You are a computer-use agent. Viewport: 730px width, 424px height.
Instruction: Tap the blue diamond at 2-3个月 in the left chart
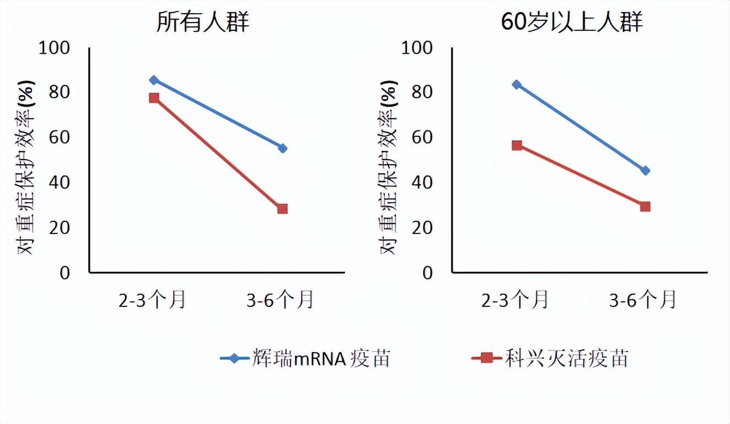point(154,80)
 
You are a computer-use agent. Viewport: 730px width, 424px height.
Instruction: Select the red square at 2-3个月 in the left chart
point(154,98)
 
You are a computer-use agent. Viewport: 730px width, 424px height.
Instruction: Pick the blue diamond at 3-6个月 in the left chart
point(283,148)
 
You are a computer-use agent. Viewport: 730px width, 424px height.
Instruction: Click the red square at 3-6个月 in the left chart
point(282,209)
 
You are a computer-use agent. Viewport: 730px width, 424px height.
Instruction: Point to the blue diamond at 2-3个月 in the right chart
point(517,84)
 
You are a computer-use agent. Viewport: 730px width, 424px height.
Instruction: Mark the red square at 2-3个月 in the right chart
point(517,145)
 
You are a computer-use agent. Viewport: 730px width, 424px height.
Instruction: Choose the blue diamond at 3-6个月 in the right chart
point(645,171)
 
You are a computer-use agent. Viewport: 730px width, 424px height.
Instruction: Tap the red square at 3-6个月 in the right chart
point(645,206)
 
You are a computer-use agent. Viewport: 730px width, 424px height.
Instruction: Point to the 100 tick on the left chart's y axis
point(55,48)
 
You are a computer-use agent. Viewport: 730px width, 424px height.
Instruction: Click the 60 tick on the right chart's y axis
point(422,137)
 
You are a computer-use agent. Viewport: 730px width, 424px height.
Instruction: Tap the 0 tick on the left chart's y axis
point(65,273)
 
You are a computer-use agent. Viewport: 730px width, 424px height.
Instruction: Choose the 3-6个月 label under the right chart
point(643,300)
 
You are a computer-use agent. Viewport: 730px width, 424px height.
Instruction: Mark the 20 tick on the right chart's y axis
point(422,227)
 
